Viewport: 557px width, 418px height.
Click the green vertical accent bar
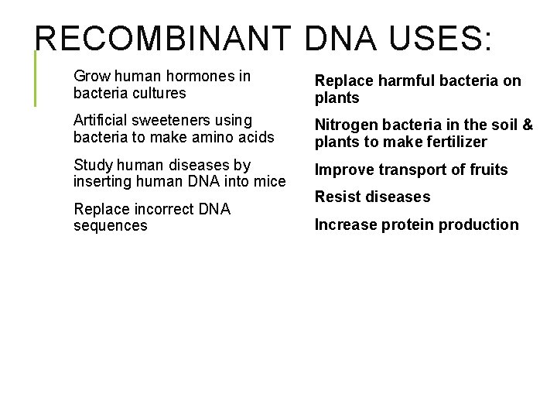pyautogui.click(x=35, y=77)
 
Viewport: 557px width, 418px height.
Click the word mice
pyautogui.click(x=271, y=181)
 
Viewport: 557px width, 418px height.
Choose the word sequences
pyautogui.click(x=110, y=225)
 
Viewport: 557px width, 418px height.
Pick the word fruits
pyautogui.click(x=487, y=170)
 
